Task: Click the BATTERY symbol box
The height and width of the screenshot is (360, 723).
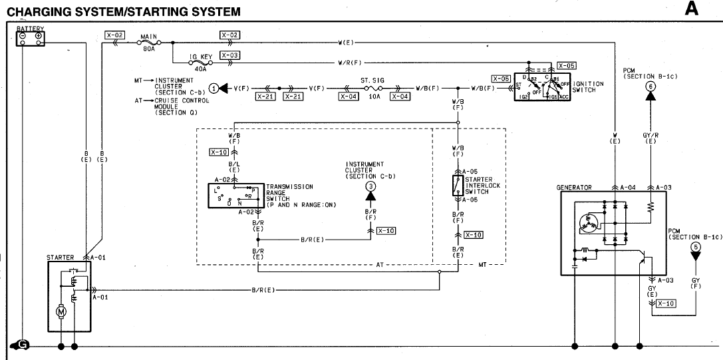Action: click(x=30, y=39)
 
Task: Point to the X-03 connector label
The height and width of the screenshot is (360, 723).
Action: click(x=229, y=55)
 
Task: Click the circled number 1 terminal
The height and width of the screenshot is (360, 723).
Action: click(x=214, y=88)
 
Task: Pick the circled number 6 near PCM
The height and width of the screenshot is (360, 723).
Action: click(x=650, y=85)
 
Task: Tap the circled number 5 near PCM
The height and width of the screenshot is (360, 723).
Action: click(x=696, y=248)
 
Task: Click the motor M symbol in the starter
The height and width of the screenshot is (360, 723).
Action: click(x=61, y=311)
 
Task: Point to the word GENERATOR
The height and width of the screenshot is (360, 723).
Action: click(x=574, y=188)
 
